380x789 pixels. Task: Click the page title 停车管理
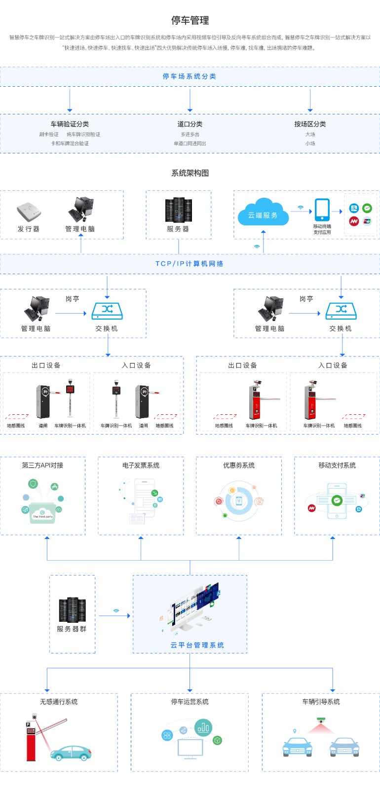[x=190, y=20]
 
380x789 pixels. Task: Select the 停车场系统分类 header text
[x=190, y=76]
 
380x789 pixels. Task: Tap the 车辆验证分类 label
[x=70, y=124]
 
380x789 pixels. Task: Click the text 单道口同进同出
[x=190, y=143]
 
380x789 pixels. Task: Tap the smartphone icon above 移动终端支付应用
[x=322, y=210]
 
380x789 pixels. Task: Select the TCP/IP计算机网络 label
[x=190, y=264]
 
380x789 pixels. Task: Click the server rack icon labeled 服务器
[x=178, y=210]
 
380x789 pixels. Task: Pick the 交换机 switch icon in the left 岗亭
[x=107, y=311]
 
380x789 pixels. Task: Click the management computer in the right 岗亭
[x=270, y=309]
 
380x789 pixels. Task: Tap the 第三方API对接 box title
[x=42, y=466]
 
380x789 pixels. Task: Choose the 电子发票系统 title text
[x=141, y=466]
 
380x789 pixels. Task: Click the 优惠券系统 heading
[x=239, y=466]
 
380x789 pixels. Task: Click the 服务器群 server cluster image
[x=72, y=610]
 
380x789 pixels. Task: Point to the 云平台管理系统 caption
[x=197, y=645]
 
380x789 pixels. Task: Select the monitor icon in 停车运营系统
[x=190, y=749]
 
